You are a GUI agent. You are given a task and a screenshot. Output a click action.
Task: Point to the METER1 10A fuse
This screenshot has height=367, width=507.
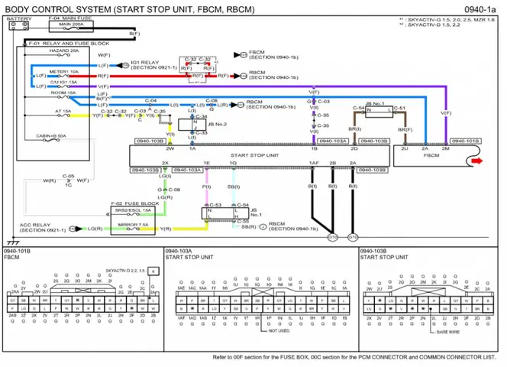pos(64,71)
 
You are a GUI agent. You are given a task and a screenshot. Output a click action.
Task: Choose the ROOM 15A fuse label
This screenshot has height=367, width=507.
pos(62,92)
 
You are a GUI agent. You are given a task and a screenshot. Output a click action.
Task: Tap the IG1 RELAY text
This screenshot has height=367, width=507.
pos(145,62)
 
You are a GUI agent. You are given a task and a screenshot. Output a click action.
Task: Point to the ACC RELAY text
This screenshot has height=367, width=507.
pos(34,225)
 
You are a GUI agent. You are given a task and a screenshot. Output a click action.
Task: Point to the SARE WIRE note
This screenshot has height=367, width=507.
pos(447,332)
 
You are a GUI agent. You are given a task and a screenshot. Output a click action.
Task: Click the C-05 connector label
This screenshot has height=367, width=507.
pos(68,175)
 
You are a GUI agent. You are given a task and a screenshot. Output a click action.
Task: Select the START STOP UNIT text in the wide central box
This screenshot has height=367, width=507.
pos(254,154)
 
